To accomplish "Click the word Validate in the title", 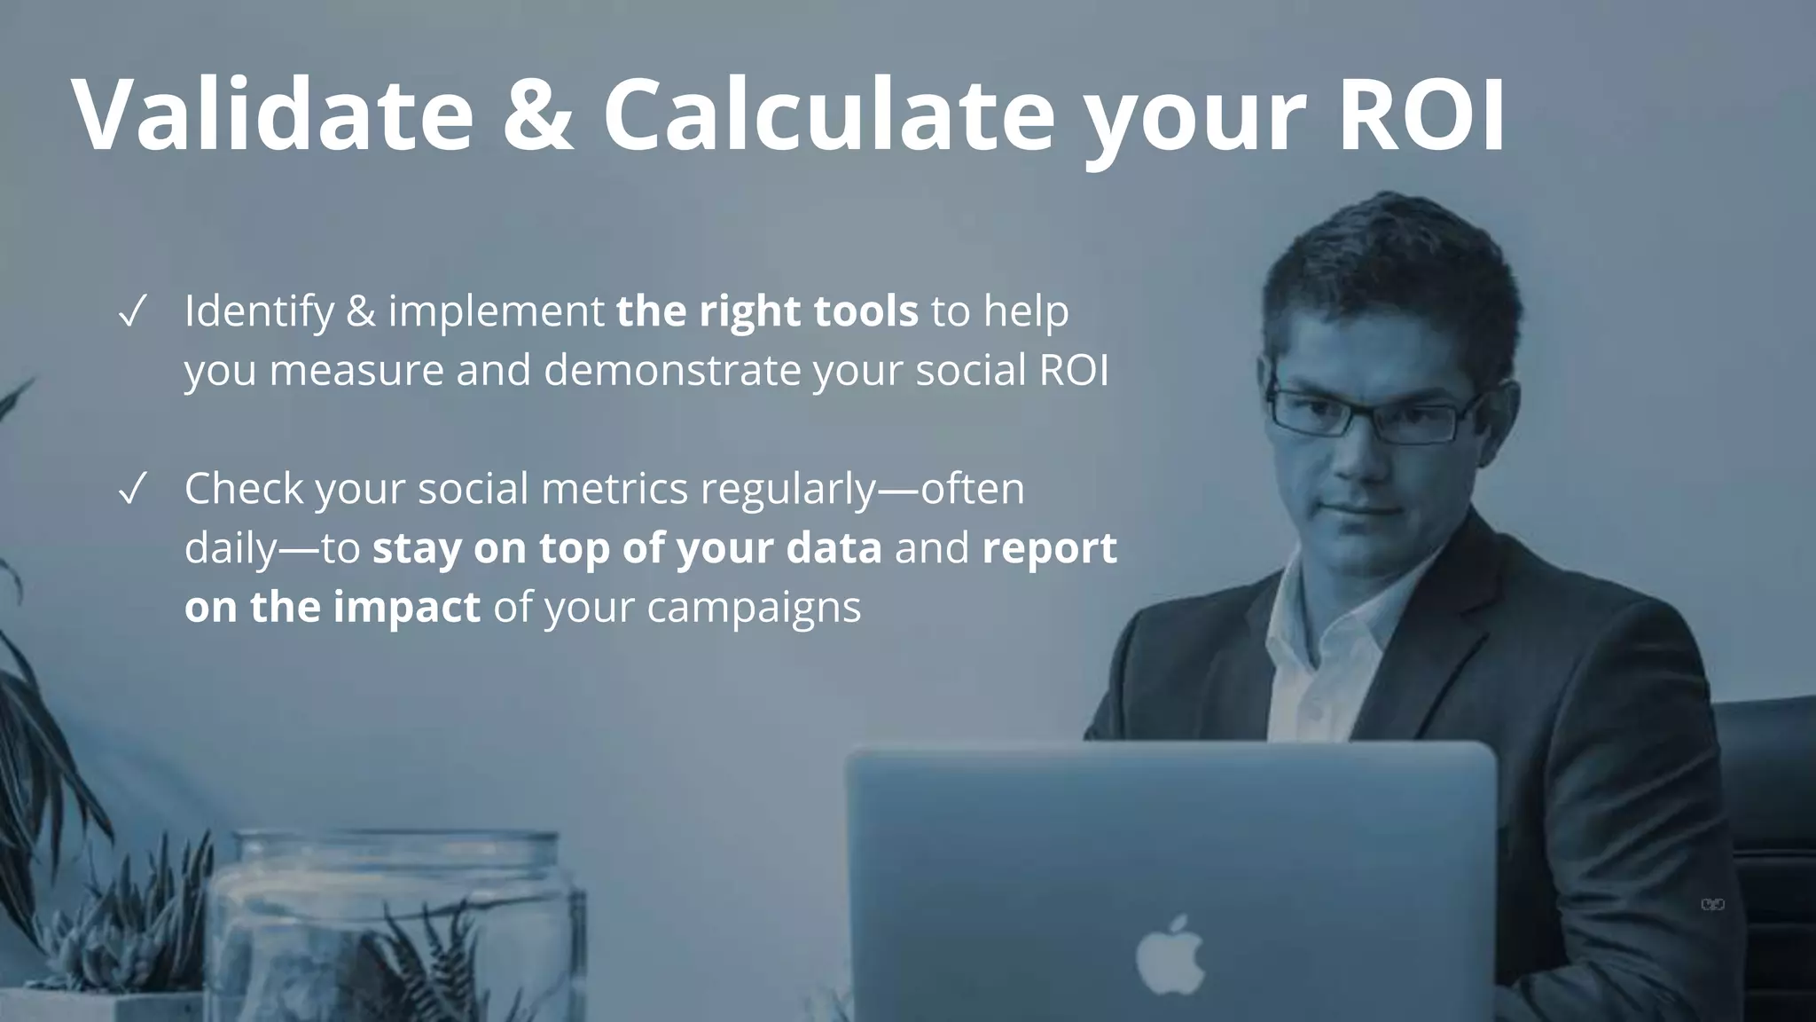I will click(x=273, y=115).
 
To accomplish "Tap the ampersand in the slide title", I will click(x=537, y=115).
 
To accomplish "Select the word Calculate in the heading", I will click(x=829, y=115).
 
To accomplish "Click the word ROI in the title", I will click(x=1421, y=115).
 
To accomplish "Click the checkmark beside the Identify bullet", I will click(x=131, y=312).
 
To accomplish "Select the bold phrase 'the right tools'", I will click(x=767, y=312).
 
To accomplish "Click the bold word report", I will click(x=1049, y=548).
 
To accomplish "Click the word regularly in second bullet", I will click(x=787, y=490).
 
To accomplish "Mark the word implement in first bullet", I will click(x=496, y=312).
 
